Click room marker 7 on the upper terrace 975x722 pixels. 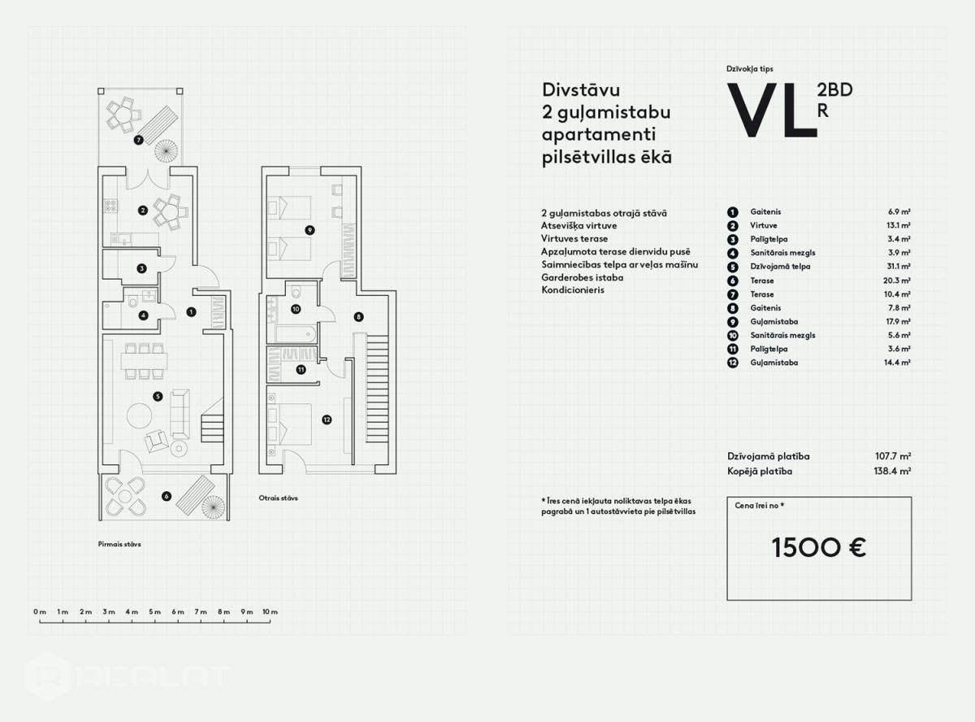(139, 141)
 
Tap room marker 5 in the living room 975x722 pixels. (158, 397)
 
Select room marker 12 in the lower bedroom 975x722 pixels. (327, 420)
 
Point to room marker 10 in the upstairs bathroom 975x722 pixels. (296, 309)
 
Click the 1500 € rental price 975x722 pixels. (819, 548)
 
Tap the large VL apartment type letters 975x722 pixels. (772, 110)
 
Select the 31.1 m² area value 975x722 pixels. (899, 266)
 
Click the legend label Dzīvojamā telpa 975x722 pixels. (780, 266)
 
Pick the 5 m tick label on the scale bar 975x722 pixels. (154, 611)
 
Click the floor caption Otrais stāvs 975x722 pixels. (278, 498)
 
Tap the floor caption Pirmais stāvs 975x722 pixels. (119, 544)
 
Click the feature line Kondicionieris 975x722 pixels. (573, 290)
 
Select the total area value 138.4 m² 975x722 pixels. (892, 472)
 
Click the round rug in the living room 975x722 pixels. (140, 415)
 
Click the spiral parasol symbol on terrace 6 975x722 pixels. (213, 507)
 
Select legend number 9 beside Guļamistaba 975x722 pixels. (733, 322)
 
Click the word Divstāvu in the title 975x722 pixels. (581, 90)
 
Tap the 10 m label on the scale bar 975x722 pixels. (270, 611)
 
